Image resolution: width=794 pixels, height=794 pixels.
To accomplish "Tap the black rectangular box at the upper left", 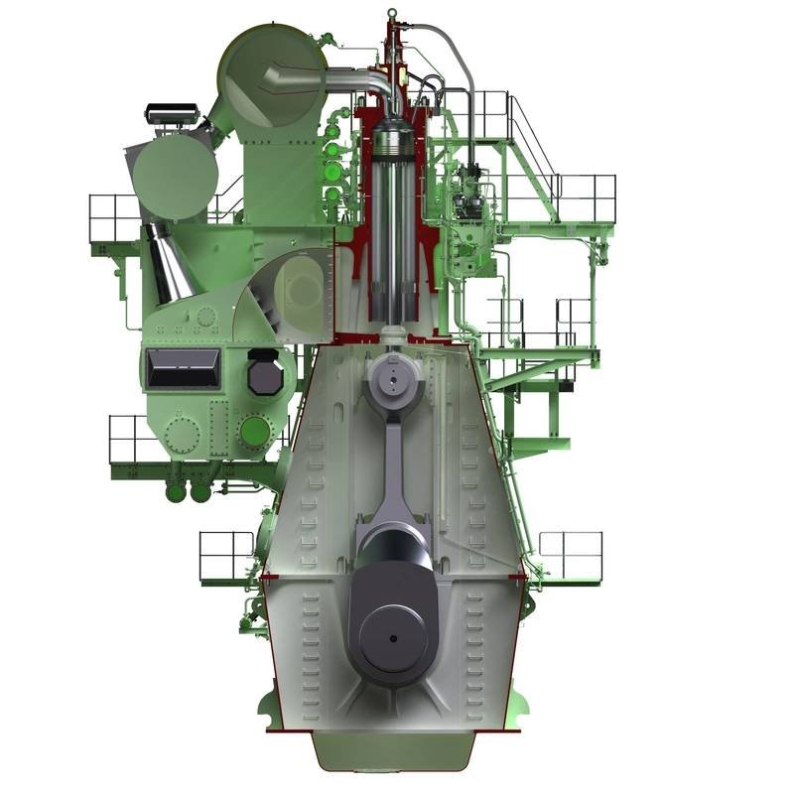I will tap(172, 113).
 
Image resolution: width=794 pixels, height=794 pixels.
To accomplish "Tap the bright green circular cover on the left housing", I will tap(257, 431).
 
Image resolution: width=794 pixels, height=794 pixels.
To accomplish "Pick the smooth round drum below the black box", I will tap(176, 177).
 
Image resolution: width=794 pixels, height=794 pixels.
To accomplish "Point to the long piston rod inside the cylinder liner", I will tap(394, 258).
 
